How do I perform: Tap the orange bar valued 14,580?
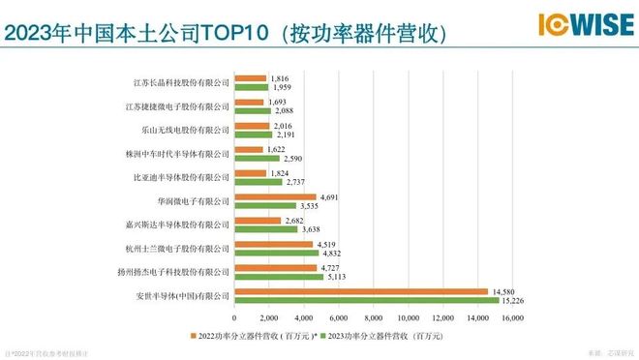click(x=361, y=291)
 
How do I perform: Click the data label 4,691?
click(x=330, y=197)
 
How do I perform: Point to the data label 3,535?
click(x=310, y=206)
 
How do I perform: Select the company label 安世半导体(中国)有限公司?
click(x=183, y=296)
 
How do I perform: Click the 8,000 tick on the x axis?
click(x=374, y=317)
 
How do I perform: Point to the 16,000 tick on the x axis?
click(x=511, y=317)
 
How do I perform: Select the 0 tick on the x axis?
click(x=235, y=317)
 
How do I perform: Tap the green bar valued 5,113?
click(x=279, y=277)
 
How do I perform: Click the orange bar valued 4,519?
click(x=274, y=244)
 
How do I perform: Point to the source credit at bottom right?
click(x=607, y=353)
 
